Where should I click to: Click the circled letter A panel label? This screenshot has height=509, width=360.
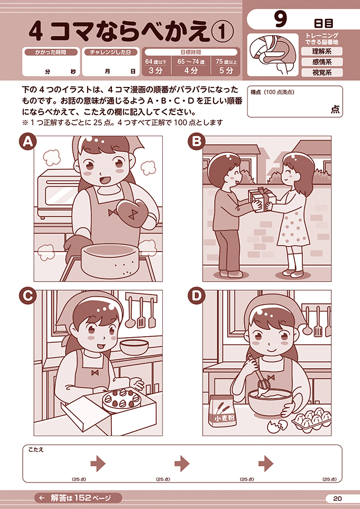coord(28,143)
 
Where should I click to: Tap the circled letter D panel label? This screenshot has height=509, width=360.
coord(196,296)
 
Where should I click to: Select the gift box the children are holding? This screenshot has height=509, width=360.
coord(262,199)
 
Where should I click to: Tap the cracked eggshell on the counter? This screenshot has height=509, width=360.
coord(277,426)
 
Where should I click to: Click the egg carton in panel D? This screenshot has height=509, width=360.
coord(312,419)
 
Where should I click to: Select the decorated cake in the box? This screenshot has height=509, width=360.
coord(119,400)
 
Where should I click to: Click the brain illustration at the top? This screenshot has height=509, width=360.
coord(272,55)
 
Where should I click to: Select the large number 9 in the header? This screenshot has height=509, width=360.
coord(281,20)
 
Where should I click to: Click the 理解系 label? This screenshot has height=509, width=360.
coord(322,51)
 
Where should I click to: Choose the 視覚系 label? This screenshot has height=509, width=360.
coord(322,72)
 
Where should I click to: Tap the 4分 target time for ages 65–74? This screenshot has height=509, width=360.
coord(191,71)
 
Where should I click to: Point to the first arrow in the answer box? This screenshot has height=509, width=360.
coord(98,464)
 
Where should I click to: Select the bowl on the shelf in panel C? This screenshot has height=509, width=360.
coord(134,346)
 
